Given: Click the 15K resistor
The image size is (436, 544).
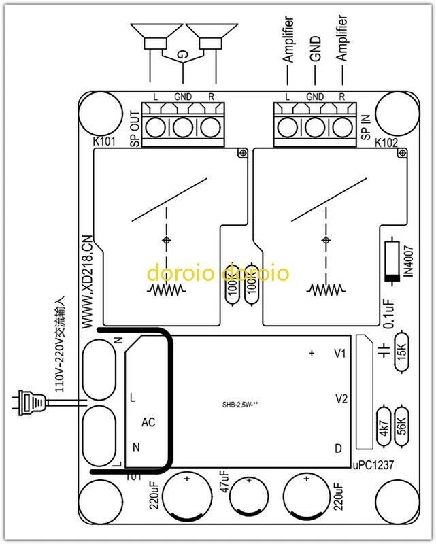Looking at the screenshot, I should tap(401, 352).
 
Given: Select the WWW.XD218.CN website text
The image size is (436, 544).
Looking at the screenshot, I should tap(87, 279).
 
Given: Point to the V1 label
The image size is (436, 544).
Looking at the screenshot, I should tap(341, 354).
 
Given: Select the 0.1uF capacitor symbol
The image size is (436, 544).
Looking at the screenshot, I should tap(386, 354).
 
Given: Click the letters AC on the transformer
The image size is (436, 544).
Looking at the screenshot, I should tap(148, 422).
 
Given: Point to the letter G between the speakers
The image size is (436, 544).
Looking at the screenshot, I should tap(182, 54).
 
